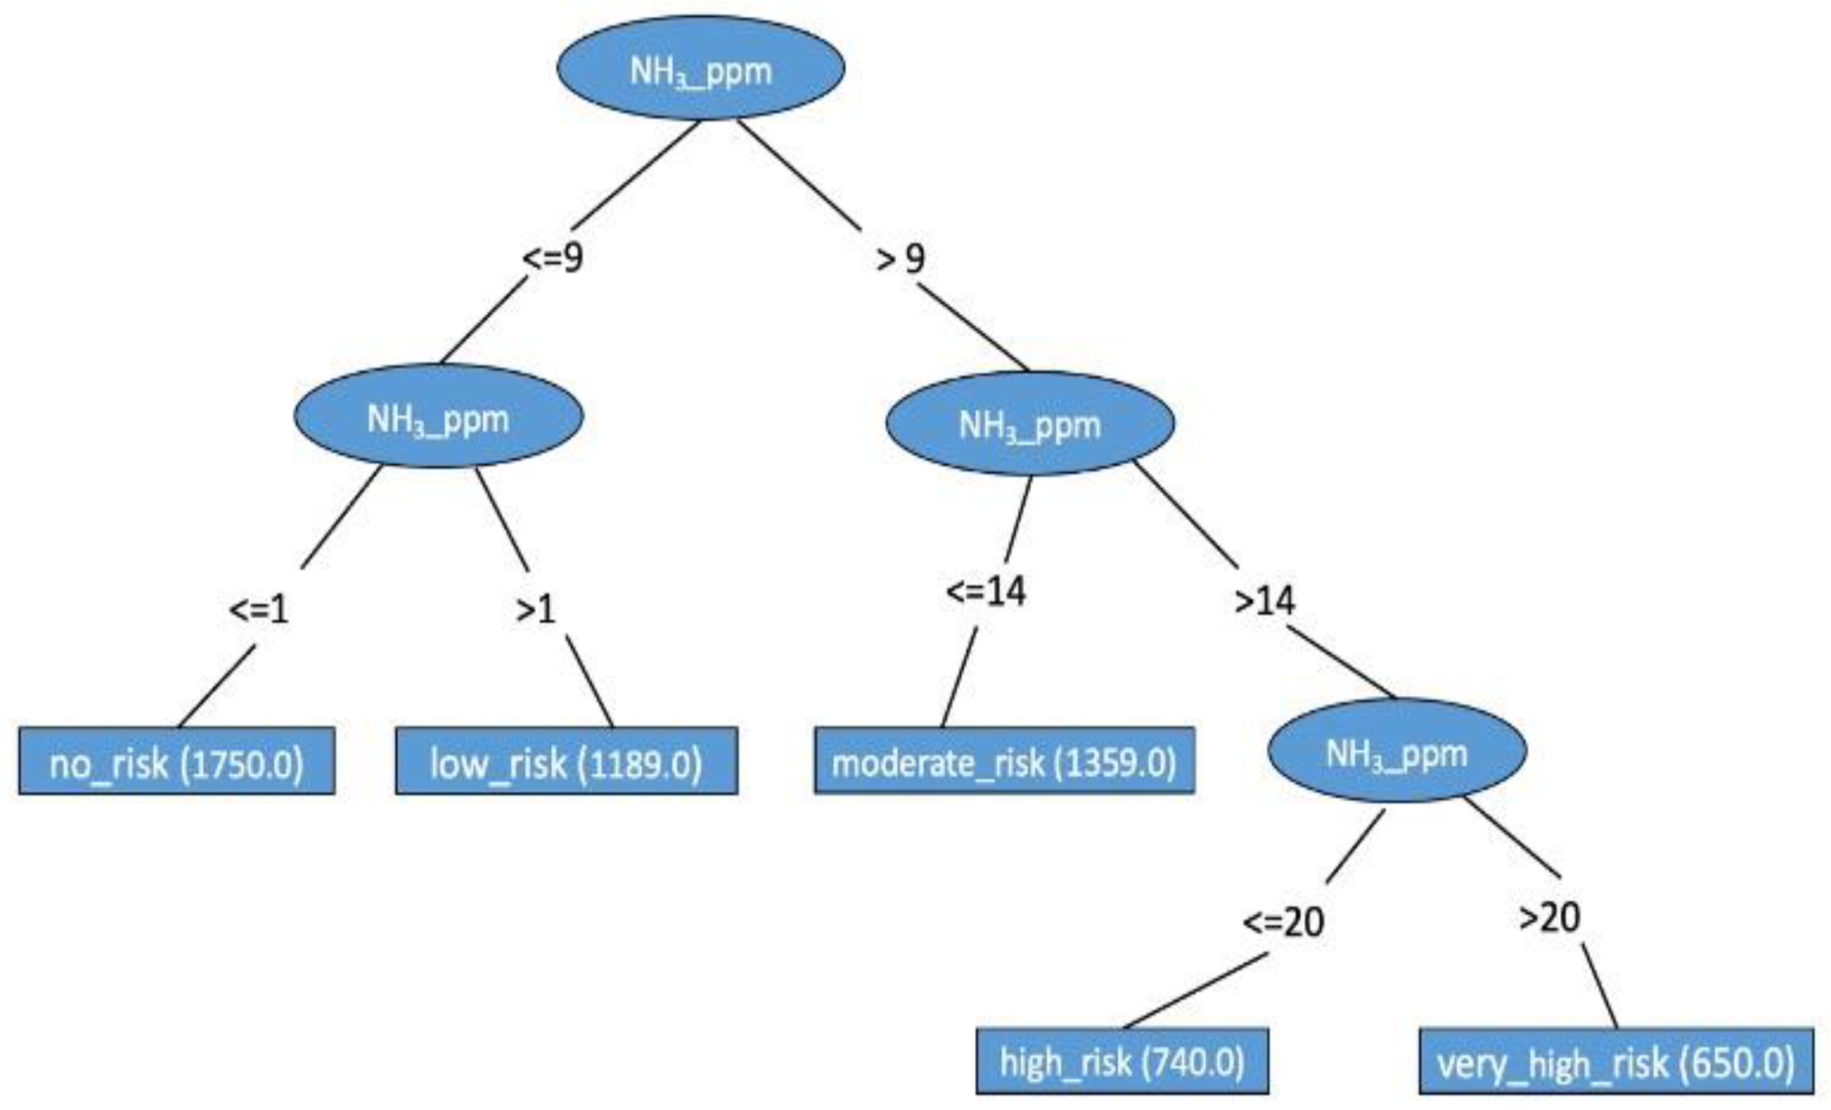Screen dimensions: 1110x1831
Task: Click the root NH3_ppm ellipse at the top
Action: pos(701,68)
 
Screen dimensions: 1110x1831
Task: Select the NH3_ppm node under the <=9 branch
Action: pos(438,416)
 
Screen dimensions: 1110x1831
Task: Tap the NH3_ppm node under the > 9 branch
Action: pos(1030,423)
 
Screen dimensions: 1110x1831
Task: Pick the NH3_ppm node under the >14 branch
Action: pos(1397,751)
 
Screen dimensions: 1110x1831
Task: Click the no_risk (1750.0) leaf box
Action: pos(177,761)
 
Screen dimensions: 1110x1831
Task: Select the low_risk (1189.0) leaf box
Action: pos(567,761)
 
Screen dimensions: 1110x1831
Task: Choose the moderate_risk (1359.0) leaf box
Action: pos(1004,761)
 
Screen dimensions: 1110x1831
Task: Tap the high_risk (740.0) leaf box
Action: pos(1122,1061)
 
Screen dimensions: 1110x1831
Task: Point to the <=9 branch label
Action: pos(553,258)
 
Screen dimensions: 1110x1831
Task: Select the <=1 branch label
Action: pos(258,609)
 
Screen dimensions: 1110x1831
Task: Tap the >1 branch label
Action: pos(536,609)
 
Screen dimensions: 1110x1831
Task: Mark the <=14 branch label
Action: pos(986,592)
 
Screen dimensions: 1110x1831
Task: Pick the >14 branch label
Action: pos(1264,600)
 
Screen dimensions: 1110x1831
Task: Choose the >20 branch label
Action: pos(1549,917)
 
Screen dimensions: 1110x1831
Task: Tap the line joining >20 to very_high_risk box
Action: pos(1599,986)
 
